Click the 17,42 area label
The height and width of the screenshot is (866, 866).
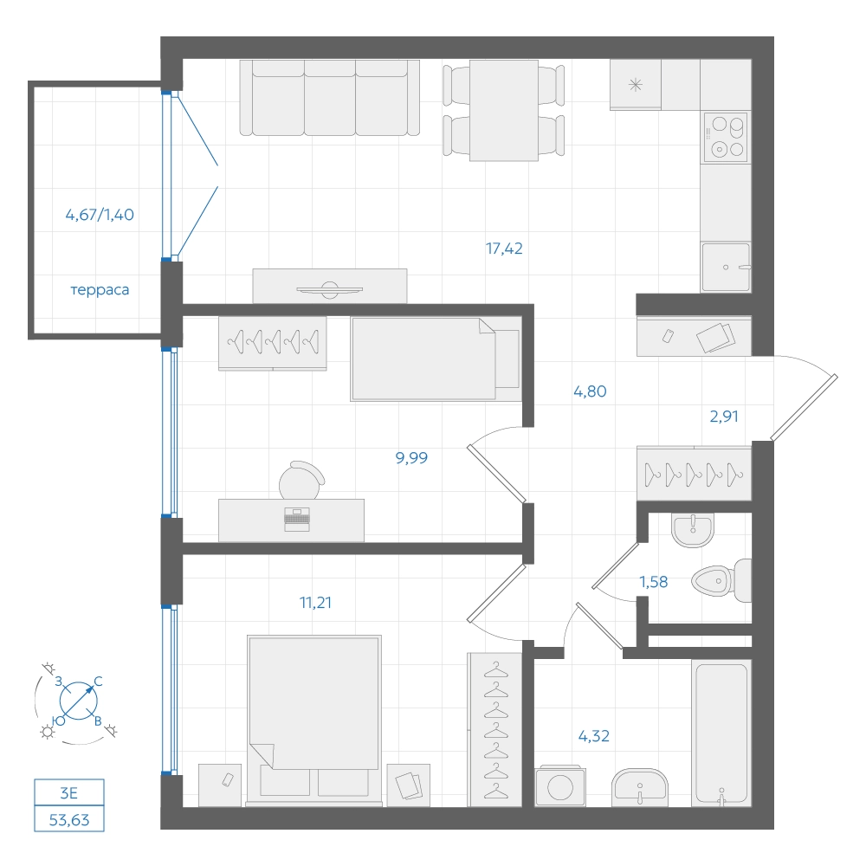504,249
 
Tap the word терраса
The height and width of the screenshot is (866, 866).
100,290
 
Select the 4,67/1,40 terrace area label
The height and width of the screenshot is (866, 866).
100,214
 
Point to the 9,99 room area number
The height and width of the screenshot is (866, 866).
411,457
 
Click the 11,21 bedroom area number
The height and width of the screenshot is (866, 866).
315,602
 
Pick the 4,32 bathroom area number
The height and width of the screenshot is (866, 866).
594,735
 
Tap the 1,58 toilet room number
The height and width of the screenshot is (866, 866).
653,582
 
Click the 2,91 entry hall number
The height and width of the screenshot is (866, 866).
724,416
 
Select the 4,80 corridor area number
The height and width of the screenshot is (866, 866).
590,391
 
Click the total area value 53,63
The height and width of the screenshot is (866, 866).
69,820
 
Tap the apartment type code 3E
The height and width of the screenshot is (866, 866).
69,793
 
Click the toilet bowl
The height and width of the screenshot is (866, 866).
721,580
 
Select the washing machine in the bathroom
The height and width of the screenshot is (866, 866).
560,785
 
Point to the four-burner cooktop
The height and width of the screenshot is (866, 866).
726,137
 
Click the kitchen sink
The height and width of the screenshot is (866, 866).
726,268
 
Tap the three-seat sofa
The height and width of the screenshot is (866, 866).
330,98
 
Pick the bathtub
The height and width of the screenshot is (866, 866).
721,733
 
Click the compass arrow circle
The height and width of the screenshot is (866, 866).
78,701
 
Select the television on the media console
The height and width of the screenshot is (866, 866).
330,289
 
